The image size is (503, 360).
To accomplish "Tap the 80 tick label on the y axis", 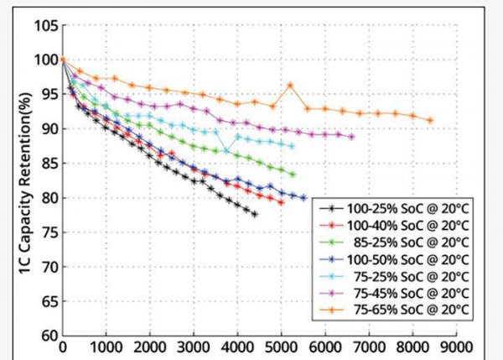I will click(x=46, y=198).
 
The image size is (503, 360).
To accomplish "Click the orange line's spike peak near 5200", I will click(x=290, y=85).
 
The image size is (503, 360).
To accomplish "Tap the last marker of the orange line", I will click(x=430, y=120).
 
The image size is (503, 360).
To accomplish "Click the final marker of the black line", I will click(x=254, y=214).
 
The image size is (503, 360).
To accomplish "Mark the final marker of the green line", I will click(x=293, y=175).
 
